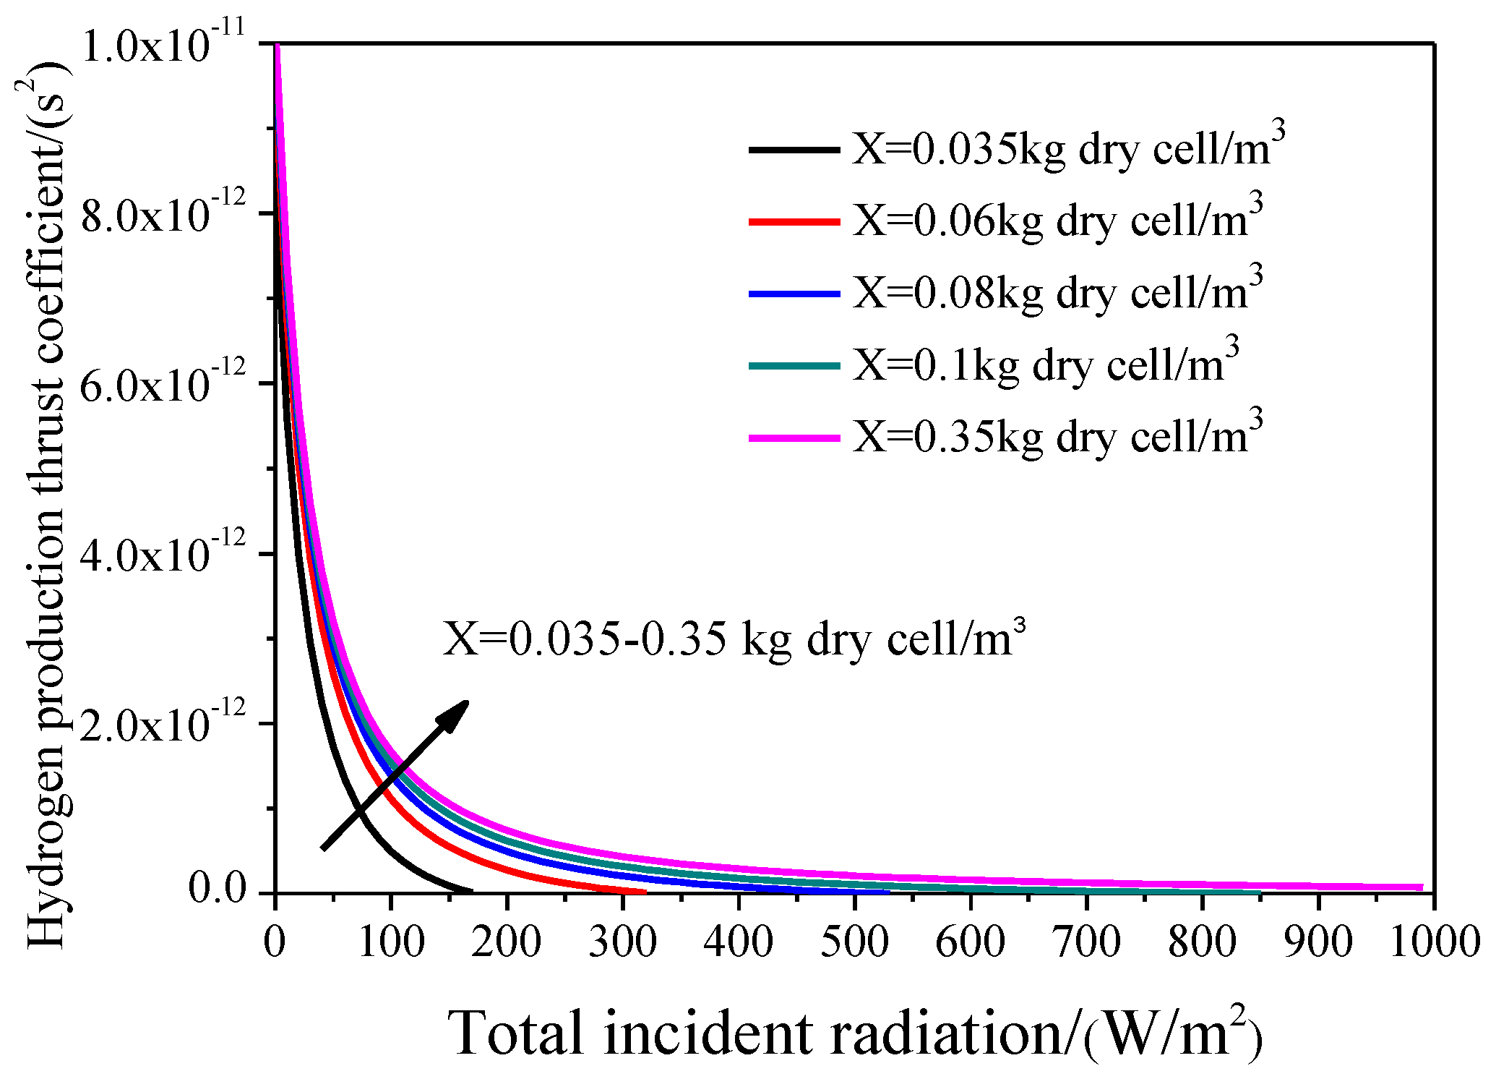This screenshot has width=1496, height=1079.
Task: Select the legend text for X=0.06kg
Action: (1057, 221)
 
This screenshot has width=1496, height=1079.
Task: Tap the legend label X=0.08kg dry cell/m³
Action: (1057, 294)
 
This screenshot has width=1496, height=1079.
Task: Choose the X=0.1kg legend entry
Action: (1046, 365)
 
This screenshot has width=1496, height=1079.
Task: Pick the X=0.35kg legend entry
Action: (1057, 438)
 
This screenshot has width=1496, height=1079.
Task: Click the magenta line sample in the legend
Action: (794, 438)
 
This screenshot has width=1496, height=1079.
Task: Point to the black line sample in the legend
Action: (794, 150)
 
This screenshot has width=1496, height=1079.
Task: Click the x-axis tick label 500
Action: (854, 941)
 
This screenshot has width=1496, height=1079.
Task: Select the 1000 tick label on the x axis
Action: (1435, 941)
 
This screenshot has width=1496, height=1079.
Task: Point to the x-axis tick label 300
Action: (622, 941)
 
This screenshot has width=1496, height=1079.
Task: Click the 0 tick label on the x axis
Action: (275, 941)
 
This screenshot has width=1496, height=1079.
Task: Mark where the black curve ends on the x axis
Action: (472, 891)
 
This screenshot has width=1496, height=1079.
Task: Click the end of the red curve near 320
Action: (645, 892)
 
